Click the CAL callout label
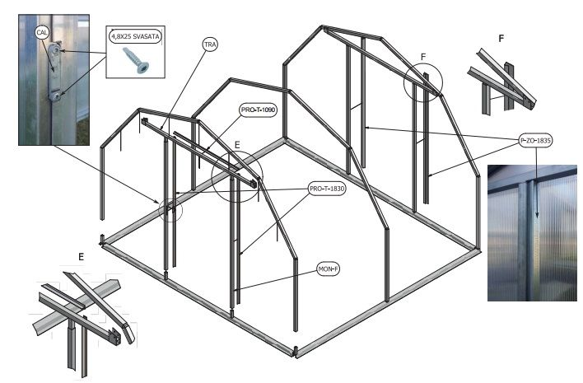coord(42,32)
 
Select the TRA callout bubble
coord(210,44)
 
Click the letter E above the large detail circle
coord(236,145)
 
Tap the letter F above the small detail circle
coord(423,57)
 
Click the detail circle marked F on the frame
coord(423,82)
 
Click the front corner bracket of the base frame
coord(297,352)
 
